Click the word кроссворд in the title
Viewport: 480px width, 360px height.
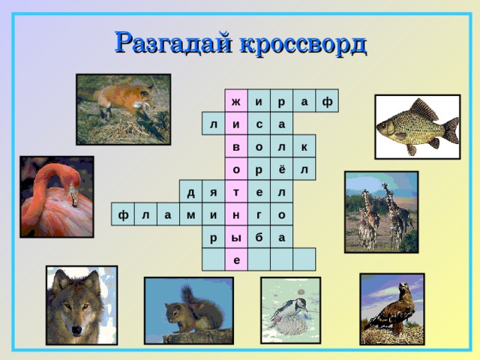[x=303, y=43]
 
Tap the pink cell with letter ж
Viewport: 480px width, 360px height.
[x=236, y=101]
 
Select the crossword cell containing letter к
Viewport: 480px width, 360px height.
[x=304, y=146]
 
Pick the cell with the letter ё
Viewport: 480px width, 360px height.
[x=281, y=169]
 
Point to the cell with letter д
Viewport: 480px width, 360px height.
[x=191, y=192]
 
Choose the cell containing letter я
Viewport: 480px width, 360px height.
[x=214, y=192]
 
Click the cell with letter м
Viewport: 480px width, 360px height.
[x=191, y=214]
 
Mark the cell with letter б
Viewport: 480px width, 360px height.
[x=259, y=237]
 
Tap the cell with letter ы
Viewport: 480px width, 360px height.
[x=236, y=237]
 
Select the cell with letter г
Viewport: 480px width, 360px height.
[x=259, y=214]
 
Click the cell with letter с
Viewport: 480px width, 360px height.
[x=259, y=124]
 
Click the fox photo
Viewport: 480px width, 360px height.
[x=123, y=108]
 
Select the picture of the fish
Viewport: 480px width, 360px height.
[x=417, y=127]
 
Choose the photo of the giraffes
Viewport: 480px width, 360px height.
[x=380, y=211]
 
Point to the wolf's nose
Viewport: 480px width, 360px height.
[x=78, y=328]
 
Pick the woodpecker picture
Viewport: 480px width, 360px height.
[x=289, y=310]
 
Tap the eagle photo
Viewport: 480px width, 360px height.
[x=391, y=307]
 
